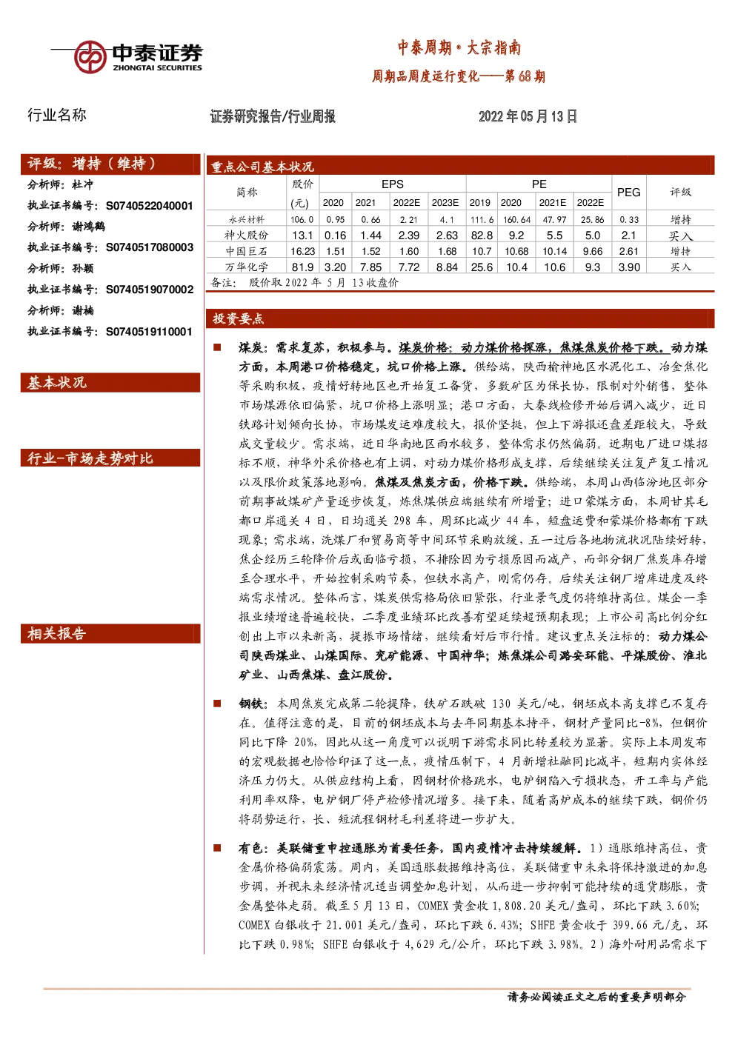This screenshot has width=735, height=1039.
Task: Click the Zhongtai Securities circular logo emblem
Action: click(x=90, y=57)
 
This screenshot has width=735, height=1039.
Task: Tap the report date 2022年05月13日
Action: click(x=528, y=116)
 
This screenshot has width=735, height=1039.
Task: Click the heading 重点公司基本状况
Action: click(x=262, y=167)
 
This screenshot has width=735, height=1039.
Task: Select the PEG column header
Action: click(x=629, y=192)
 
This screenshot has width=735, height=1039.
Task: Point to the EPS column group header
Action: click(x=393, y=184)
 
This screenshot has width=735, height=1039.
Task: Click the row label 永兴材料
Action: click(x=247, y=219)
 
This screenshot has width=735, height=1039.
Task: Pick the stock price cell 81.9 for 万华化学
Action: click(x=302, y=267)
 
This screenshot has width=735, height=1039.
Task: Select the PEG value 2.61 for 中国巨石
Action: click(x=629, y=251)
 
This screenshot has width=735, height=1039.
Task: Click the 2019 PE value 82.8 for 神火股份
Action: click(x=482, y=235)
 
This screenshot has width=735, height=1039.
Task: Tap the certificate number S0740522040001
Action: click(x=150, y=206)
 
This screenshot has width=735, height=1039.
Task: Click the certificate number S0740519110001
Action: click(x=149, y=332)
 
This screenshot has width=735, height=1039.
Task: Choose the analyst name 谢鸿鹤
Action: click(x=89, y=227)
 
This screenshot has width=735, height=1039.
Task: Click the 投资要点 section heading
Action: click(x=238, y=318)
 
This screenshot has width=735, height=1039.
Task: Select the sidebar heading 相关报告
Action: click(x=56, y=634)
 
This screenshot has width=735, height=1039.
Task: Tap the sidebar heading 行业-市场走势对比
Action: click(x=90, y=458)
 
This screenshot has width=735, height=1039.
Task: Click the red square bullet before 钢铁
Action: click(x=216, y=704)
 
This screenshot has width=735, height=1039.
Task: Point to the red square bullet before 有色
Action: click(x=216, y=848)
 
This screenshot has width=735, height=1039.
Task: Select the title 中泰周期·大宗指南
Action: click(x=459, y=47)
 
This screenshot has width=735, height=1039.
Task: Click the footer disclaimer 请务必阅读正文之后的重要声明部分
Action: click(x=596, y=997)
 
